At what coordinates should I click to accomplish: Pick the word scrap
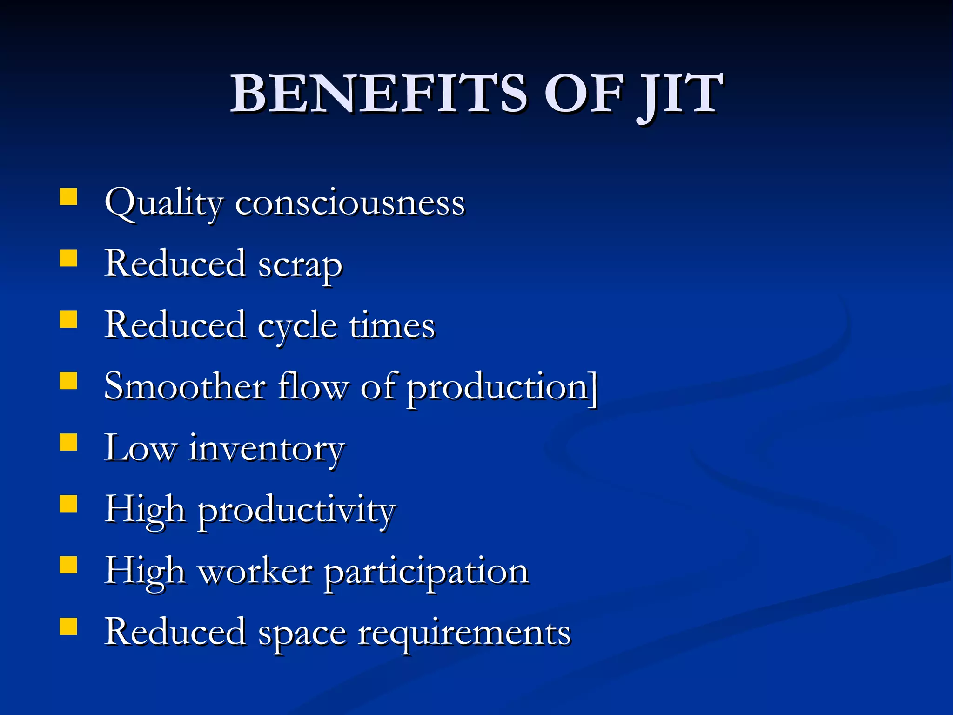[x=300, y=265]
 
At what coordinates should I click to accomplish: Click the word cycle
[x=297, y=326]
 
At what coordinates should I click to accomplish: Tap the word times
[x=392, y=325]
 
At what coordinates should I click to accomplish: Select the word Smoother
[x=185, y=386]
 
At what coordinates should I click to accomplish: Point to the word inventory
[x=266, y=449]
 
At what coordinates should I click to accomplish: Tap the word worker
[x=255, y=571]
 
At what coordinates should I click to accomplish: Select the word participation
[x=426, y=573]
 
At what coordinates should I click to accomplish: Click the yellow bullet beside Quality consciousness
[x=68, y=196]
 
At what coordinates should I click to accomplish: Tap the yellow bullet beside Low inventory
[x=68, y=442]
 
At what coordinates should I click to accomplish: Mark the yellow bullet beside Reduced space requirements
[x=68, y=627]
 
